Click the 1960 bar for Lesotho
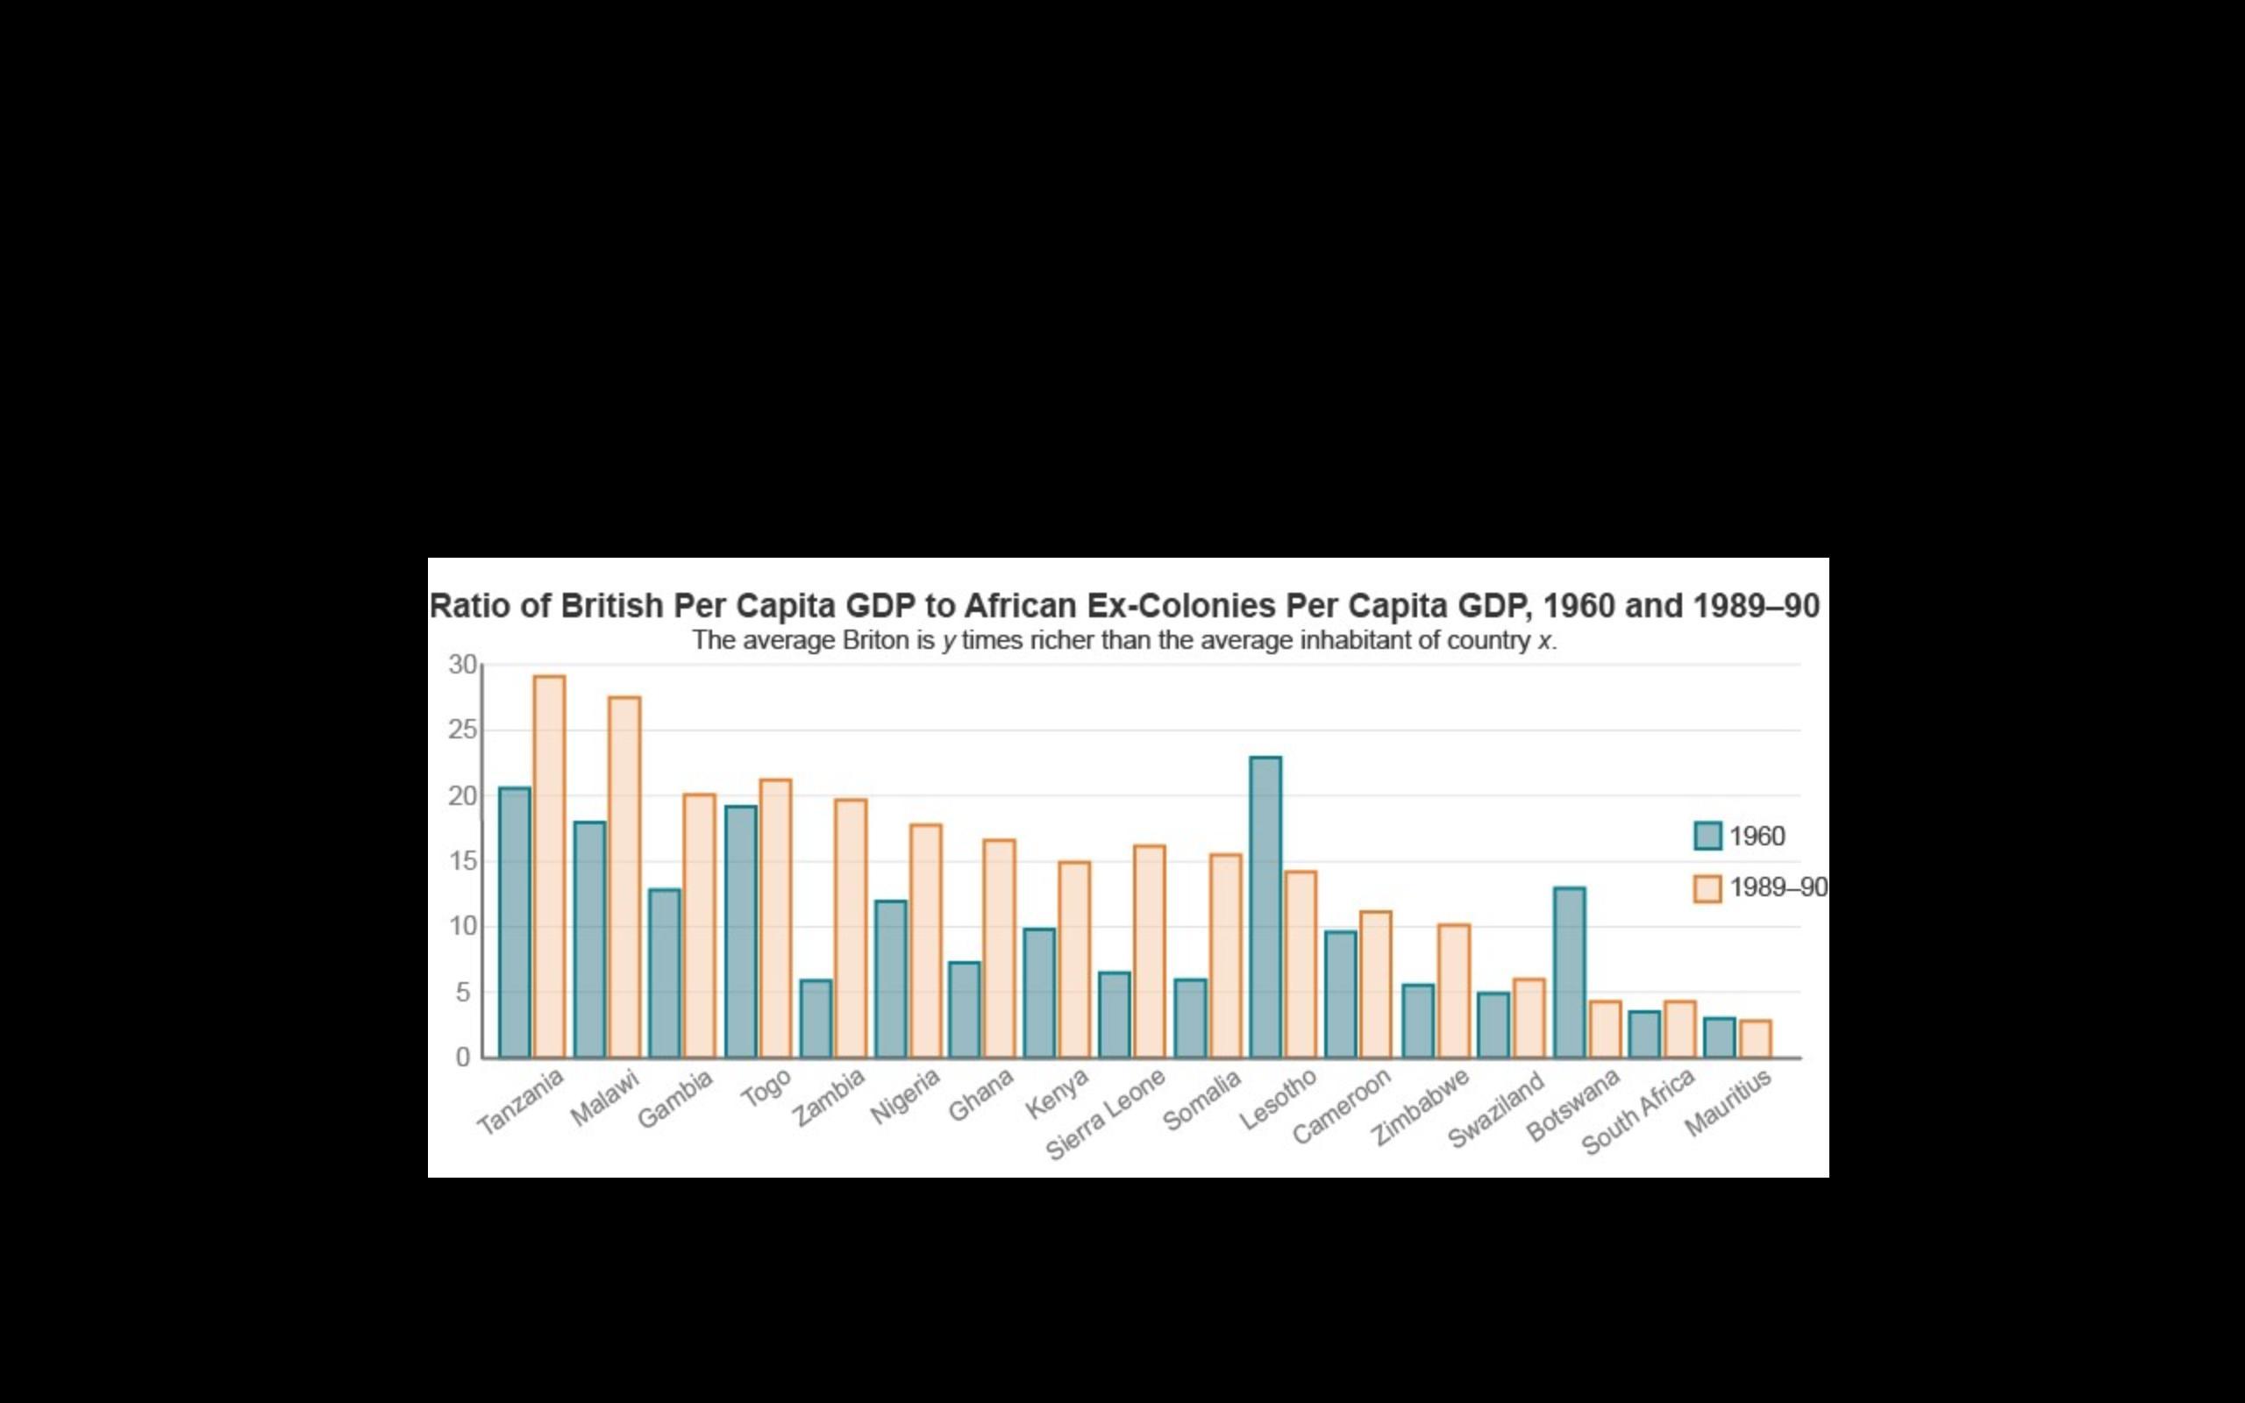pos(1265,908)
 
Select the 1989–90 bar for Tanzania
pos(549,866)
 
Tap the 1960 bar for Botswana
pos(1570,972)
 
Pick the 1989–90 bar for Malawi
pos(624,877)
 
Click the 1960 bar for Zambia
pos(816,1019)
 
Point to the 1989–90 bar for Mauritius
pos(1755,1039)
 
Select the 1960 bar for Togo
pos(740,931)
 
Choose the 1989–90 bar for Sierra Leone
pos(1150,951)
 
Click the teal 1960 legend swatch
pos(1707,835)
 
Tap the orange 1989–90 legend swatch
pos(1707,888)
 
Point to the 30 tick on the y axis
pos(462,665)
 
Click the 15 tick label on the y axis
pos(462,861)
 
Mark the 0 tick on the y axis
pos(463,1058)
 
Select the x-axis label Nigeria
pos(905,1096)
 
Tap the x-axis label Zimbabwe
pos(1421,1106)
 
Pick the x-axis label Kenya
pos(1057,1093)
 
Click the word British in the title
pos(612,606)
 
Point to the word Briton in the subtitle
pos(875,640)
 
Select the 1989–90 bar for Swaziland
pos(1529,1018)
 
